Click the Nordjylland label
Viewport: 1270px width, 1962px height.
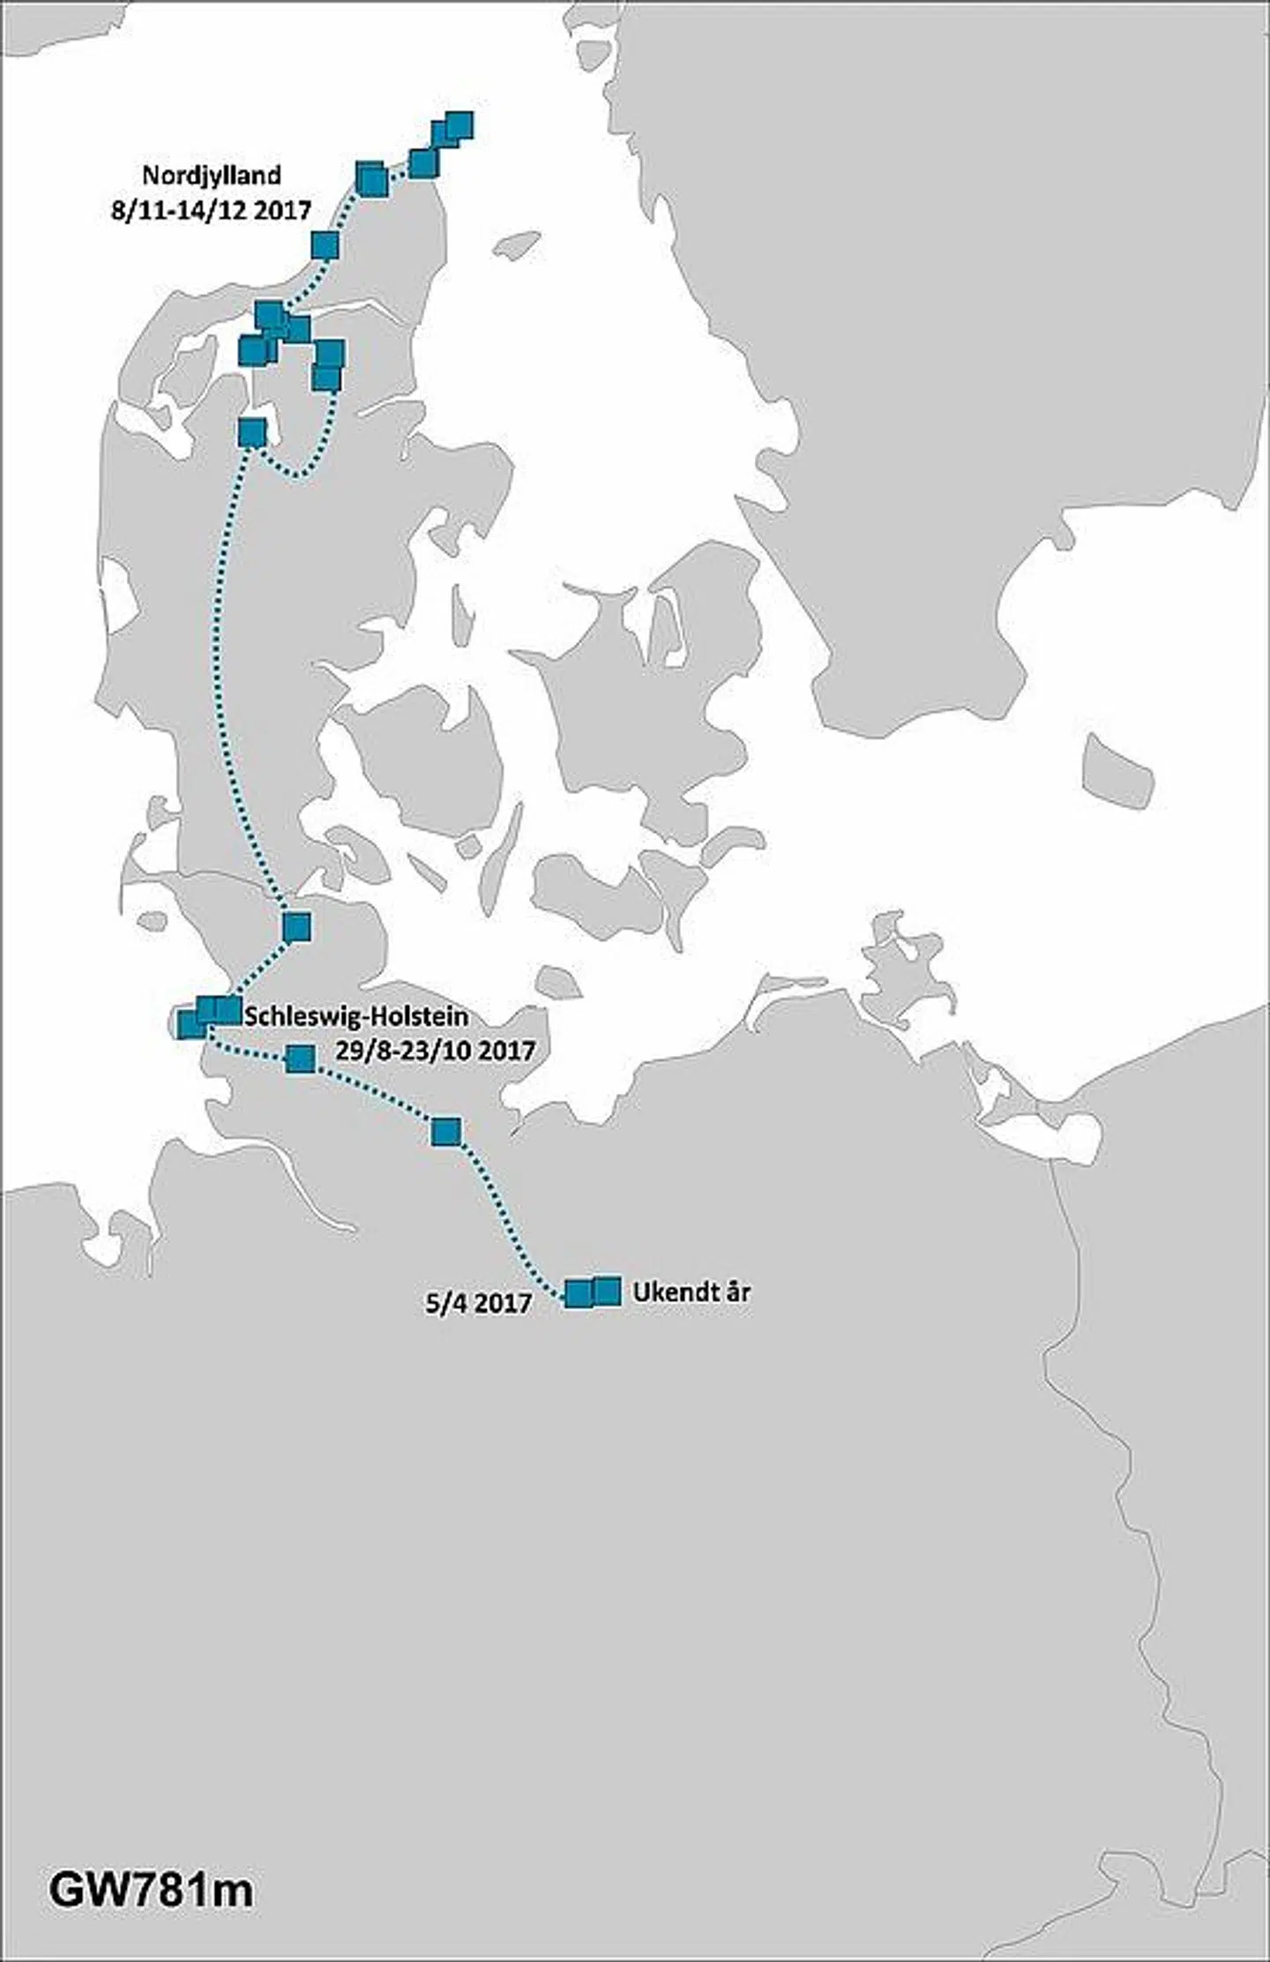212,175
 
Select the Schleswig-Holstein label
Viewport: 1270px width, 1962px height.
355,1015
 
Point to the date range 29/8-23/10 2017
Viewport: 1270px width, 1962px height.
436,1051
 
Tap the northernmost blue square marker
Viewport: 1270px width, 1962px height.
459,125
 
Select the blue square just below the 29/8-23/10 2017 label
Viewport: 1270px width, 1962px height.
446,1131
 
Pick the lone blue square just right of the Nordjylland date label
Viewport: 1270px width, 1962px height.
325,245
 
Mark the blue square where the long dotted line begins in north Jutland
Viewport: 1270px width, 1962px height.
252,432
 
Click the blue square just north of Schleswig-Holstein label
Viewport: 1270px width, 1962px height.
297,926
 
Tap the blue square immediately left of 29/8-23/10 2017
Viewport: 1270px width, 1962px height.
301,1059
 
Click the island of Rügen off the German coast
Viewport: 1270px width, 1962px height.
908,962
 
